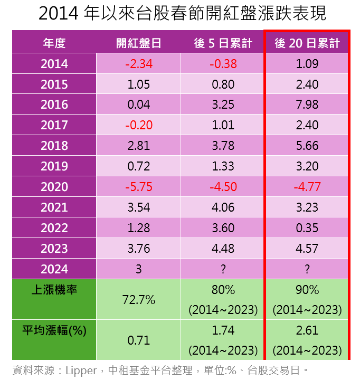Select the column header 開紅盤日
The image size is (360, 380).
139,43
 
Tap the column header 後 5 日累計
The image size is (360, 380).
223,43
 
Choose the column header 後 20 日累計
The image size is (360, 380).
307,43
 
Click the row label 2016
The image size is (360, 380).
54,104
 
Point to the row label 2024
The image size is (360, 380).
54,269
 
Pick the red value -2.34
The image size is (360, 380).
139,64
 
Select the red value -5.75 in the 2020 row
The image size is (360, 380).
139,187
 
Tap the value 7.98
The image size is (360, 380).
307,104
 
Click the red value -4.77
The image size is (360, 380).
307,187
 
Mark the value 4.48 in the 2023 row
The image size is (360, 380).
223,249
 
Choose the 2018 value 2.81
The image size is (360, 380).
139,146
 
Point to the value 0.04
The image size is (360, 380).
139,104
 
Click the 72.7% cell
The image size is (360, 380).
139,300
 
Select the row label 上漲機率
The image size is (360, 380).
54,290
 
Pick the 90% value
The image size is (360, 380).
307,290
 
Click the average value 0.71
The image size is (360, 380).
139,340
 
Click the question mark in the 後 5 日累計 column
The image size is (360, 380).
223,269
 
